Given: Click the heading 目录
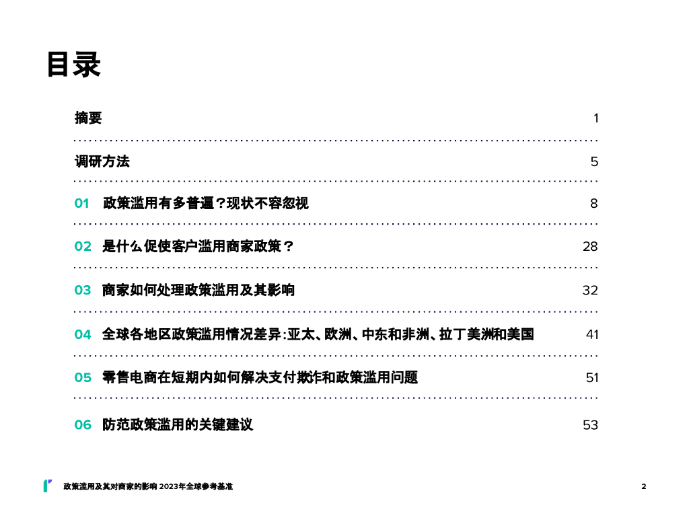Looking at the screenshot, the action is pos(74,65).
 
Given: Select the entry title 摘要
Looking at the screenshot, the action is pos(88,118).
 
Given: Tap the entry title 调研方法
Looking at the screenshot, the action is pos(102,161).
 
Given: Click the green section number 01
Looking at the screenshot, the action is pos(81,204).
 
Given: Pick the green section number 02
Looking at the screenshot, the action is pos(83,247).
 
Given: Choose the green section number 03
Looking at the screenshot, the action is pos(83,291).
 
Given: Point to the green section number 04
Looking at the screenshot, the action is pos(83,334).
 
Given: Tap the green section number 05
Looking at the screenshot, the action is pos(83,378).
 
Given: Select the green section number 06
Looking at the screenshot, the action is pos(83,425).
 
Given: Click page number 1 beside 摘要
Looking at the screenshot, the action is pos(595,118).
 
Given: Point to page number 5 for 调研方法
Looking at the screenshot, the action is pos(594,162).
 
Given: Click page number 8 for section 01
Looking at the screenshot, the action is pos(594,204).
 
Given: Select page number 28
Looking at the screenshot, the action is pos(590,247).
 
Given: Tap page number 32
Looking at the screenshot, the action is pos(590,291).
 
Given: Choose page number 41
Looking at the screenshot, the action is pos(591,334).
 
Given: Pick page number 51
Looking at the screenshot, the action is pos(591,378).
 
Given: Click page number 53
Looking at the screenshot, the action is pos(590,425).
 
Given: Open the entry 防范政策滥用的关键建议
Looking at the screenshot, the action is pos(178,425).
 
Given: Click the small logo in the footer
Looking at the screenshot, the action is pos(47,486).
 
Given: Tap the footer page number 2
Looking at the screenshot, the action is pos(643,486).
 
